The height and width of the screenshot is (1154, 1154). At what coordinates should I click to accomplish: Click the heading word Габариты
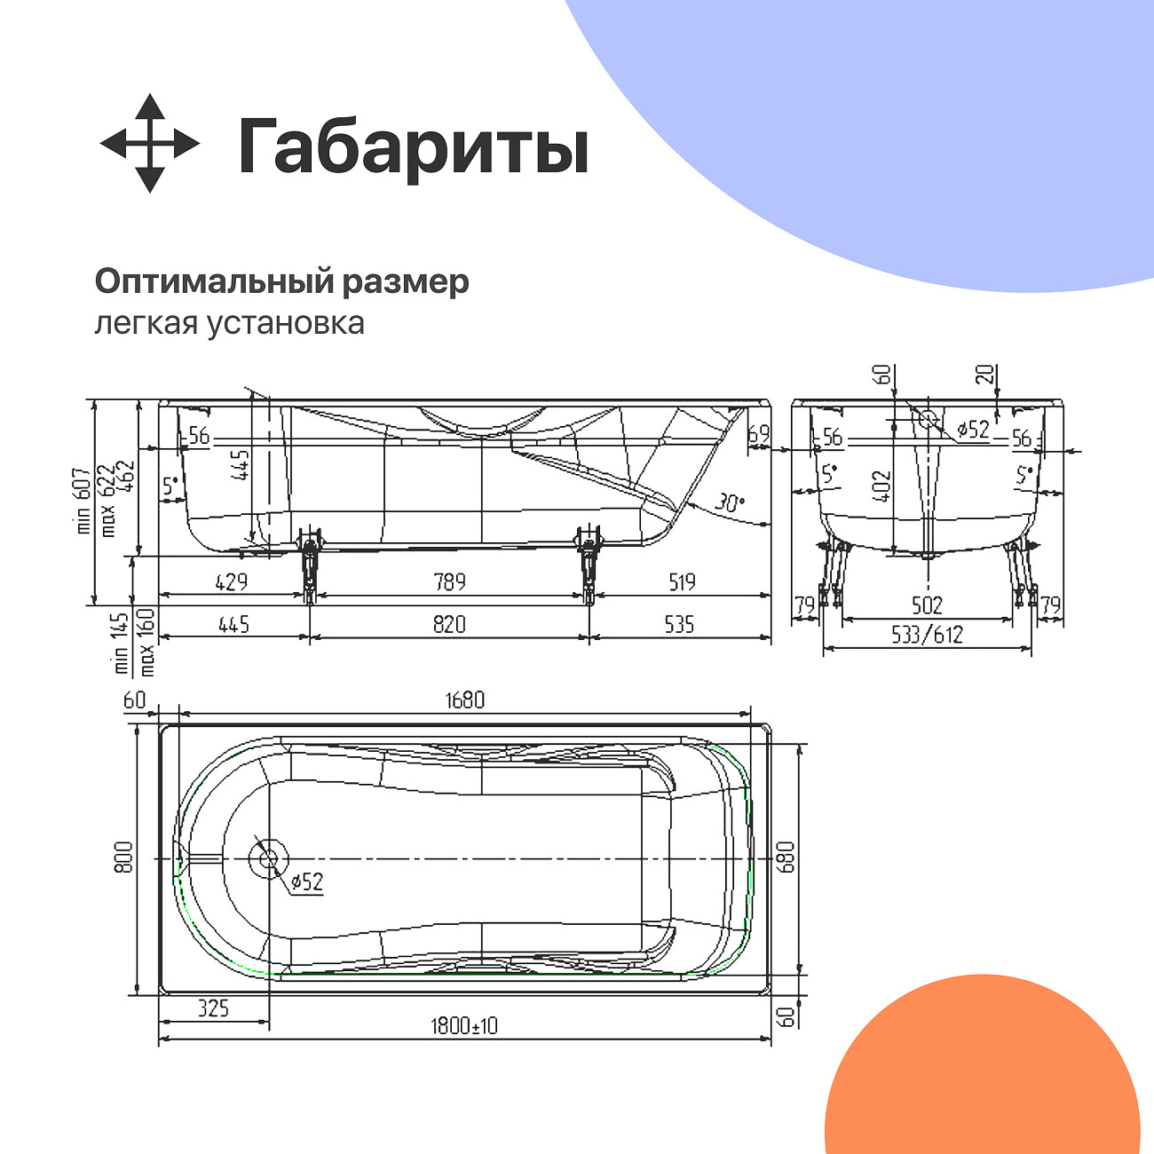413,146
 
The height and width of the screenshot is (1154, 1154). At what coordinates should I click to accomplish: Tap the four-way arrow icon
149,143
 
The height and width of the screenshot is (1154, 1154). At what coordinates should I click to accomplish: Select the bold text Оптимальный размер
281,281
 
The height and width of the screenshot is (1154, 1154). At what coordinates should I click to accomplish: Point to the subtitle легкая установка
229,322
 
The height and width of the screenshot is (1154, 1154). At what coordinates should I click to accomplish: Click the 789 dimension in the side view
449,581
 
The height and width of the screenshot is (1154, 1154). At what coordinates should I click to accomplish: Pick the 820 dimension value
449,624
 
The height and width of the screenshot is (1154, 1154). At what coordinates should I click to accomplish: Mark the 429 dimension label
232,581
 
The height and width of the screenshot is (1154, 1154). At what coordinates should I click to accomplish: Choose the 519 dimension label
682,581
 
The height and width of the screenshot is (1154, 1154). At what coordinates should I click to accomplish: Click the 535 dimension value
679,624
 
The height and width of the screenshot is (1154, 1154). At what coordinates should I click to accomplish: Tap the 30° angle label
729,502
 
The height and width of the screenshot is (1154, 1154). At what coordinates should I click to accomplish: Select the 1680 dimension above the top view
464,700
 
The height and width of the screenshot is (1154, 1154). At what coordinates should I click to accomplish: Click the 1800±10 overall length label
464,1026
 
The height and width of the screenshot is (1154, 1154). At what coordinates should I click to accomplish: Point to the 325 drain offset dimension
213,1008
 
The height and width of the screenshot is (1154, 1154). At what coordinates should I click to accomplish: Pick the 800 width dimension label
123,858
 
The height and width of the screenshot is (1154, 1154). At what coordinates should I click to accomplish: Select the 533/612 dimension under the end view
928,635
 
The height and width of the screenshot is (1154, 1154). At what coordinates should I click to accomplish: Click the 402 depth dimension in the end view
881,486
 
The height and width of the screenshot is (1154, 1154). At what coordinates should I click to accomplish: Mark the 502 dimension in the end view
927,605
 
